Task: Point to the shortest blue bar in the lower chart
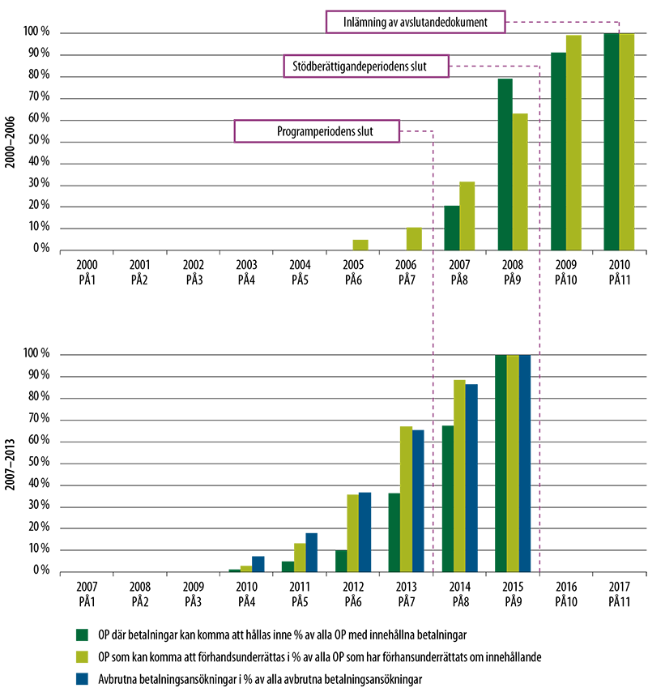coord(260,564)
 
